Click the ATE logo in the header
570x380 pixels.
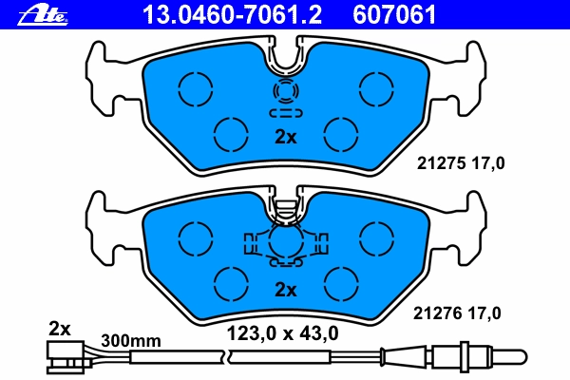[43, 16]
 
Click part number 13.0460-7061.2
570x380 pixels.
[233, 15]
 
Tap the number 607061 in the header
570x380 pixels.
[394, 15]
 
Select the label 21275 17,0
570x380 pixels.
[461, 163]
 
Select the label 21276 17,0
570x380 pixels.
[457, 313]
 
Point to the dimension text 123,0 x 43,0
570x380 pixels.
[282, 333]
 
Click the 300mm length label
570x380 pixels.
[131, 341]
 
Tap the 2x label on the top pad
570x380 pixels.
[285, 137]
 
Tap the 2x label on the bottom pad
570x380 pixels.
[285, 290]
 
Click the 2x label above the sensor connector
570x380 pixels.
[60, 329]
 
